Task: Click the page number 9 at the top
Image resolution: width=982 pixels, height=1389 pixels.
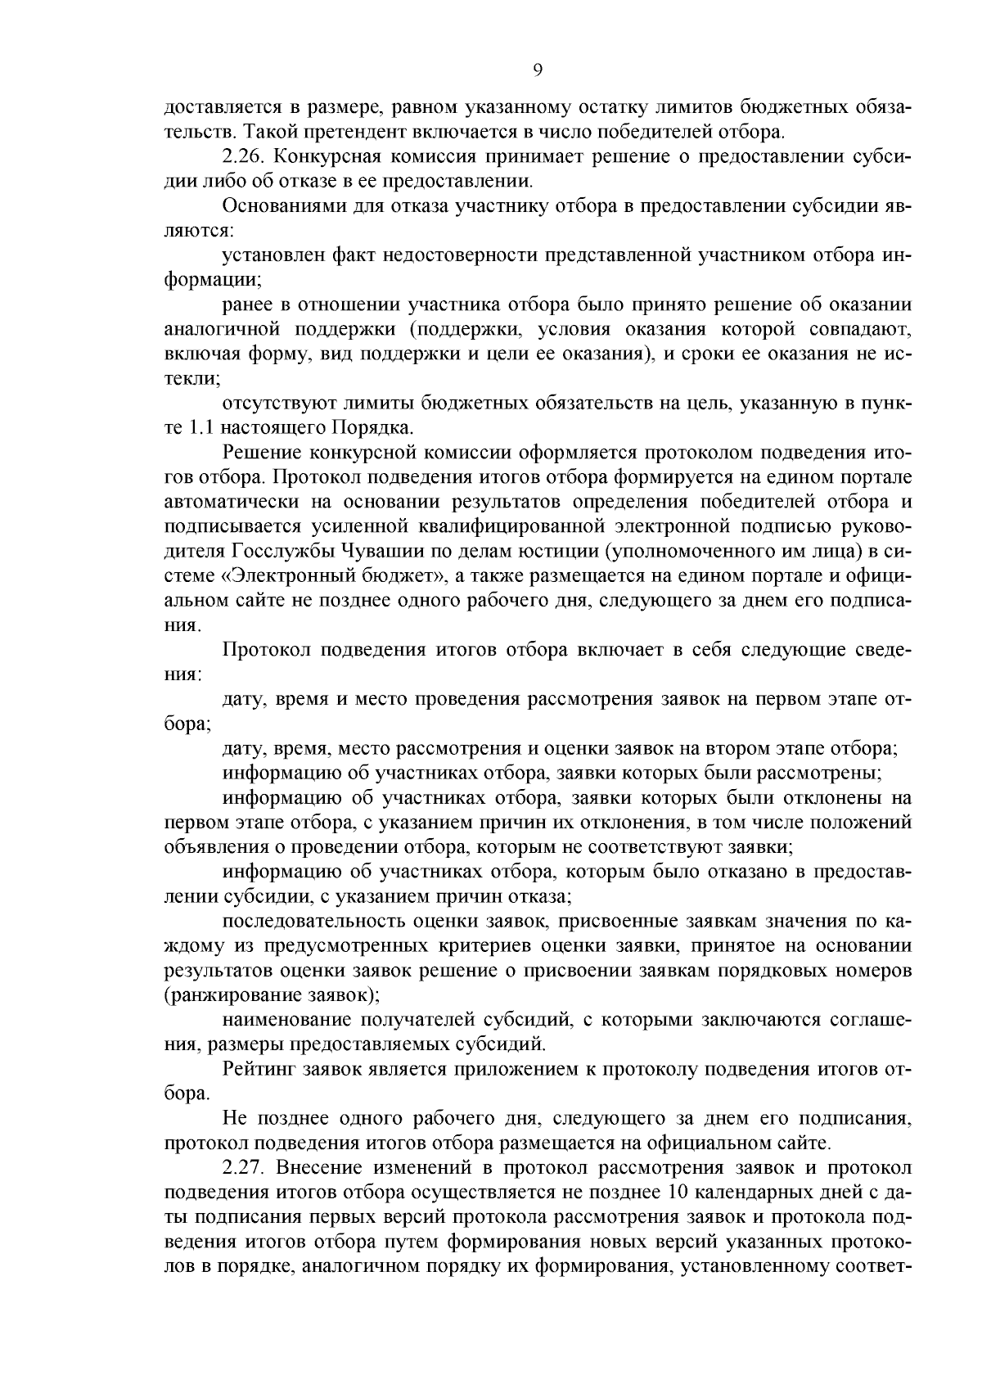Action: click(537, 70)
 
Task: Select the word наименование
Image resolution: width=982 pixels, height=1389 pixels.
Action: click(286, 1020)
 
